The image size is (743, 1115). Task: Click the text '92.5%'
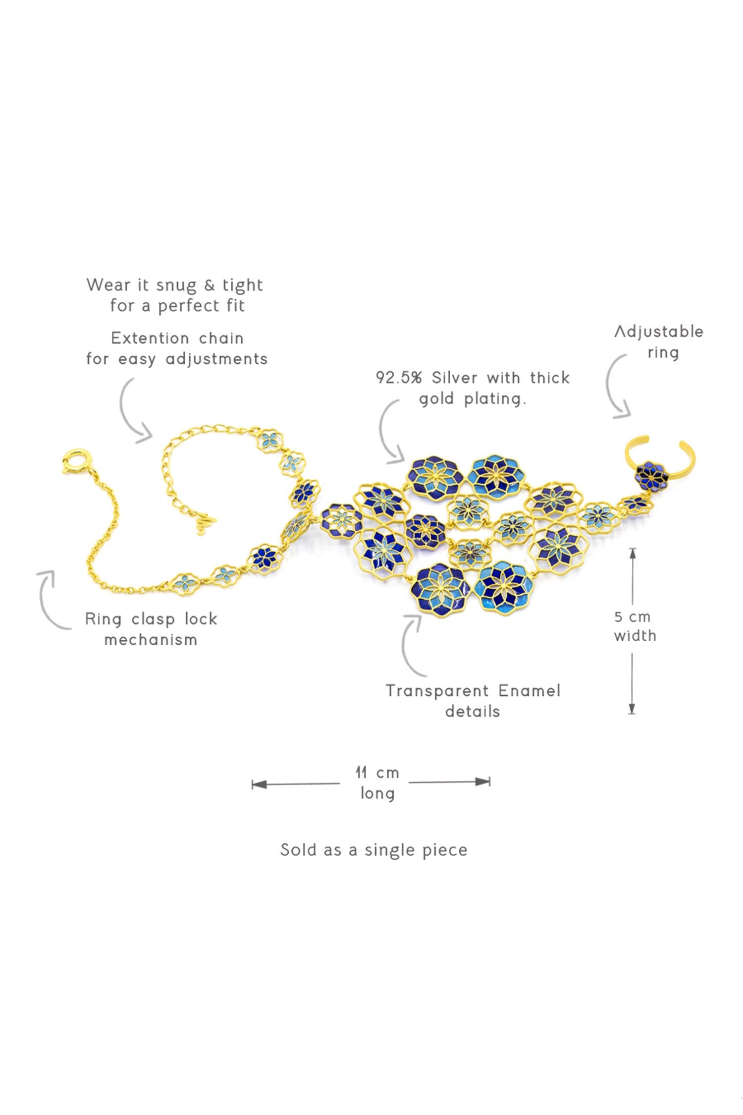tap(399, 378)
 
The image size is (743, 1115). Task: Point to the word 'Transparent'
tap(437, 691)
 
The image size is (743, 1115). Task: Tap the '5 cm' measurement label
tap(632, 617)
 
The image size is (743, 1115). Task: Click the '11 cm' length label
tap(377, 773)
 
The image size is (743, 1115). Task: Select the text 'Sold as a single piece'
tap(374, 850)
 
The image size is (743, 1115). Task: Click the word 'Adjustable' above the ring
tap(659, 332)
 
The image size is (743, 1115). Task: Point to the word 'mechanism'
tap(151, 640)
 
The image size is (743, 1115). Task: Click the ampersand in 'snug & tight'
tap(210, 285)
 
